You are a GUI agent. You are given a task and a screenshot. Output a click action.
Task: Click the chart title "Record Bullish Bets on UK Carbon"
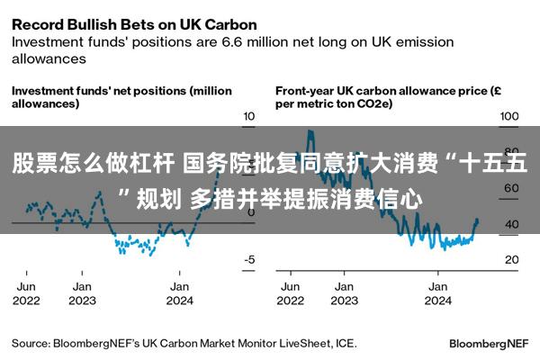click(x=134, y=25)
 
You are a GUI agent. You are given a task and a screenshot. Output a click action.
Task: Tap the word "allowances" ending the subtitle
click(x=49, y=58)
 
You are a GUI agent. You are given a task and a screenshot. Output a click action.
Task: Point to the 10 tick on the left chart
click(x=249, y=116)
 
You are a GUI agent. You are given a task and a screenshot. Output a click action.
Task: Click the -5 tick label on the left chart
click(x=249, y=259)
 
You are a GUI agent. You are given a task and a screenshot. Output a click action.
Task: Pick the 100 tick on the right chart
click(x=509, y=116)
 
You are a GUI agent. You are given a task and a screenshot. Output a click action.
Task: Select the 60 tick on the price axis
click(x=511, y=188)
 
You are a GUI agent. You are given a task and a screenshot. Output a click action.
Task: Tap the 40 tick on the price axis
click(x=512, y=224)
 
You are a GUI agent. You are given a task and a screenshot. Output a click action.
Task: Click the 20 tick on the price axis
click(x=512, y=259)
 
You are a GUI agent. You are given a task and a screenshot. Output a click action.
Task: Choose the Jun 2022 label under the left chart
click(x=26, y=293)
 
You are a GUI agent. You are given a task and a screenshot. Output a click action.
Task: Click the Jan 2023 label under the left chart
click(x=82, y=293)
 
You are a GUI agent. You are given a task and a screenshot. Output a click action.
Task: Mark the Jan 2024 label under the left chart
click(x=179, y=293)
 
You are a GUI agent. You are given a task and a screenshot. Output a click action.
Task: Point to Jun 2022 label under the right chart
click(x=291, y=293)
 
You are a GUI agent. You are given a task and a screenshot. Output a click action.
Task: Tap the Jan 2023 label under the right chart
click(x=345, y=293)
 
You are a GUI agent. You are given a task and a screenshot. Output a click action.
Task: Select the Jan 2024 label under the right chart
click(x=437, y=293)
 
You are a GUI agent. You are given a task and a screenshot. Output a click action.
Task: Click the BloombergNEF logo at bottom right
click(x=489, y=344)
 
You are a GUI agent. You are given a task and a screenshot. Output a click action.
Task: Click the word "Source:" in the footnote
click(x=31, y=344)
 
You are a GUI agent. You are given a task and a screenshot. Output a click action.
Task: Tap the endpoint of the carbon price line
click(x=477, y=220)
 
